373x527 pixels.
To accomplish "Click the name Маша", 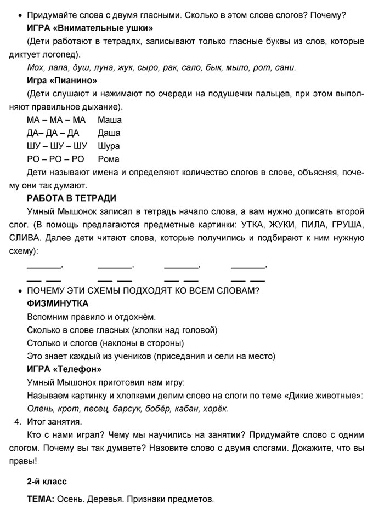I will click(110, 119).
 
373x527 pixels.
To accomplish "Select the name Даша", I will click(109, 133).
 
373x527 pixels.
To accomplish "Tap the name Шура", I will click(109, 146).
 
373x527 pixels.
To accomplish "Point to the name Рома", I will click(108, 159).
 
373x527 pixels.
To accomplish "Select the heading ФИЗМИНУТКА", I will click(58, 303).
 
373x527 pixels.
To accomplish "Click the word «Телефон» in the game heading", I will click(75, 369).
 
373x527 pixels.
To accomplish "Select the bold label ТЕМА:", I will click(41, 500).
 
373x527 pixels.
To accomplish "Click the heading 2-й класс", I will click(47, 482).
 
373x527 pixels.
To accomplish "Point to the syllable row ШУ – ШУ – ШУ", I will click(57, 146).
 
